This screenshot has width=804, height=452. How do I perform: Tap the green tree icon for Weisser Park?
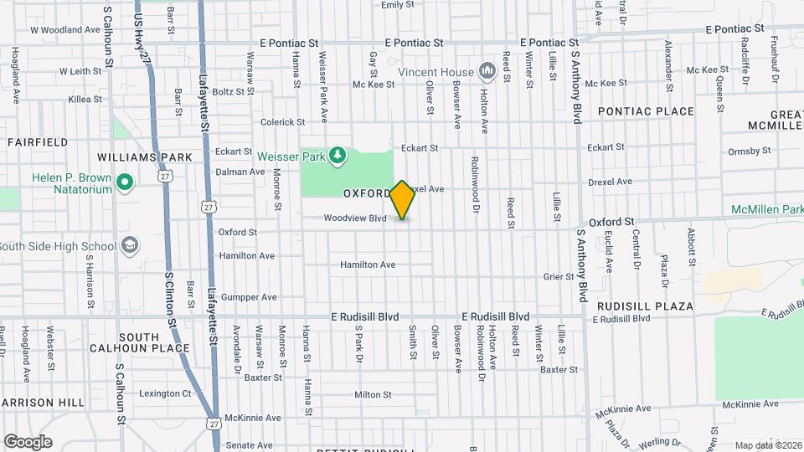(337, 155)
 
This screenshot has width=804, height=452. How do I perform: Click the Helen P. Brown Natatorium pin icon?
(125, 182)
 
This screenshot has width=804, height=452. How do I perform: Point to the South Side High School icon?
(130, 245)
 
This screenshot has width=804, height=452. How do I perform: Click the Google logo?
(28, 442)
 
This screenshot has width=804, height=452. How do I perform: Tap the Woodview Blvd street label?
(356, 218)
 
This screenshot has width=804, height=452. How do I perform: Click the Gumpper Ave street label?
(248, 297)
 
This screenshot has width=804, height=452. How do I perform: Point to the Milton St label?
(373, 395)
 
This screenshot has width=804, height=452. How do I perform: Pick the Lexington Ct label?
(165, 393)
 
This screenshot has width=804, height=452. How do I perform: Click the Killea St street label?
(85, 99)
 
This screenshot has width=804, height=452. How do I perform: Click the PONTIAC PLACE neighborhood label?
(646, 111)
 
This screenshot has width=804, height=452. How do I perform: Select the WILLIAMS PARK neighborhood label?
(145, 157)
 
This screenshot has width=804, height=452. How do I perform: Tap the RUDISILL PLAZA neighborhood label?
(645, 306)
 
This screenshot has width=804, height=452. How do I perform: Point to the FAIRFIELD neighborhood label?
(38, 142)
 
